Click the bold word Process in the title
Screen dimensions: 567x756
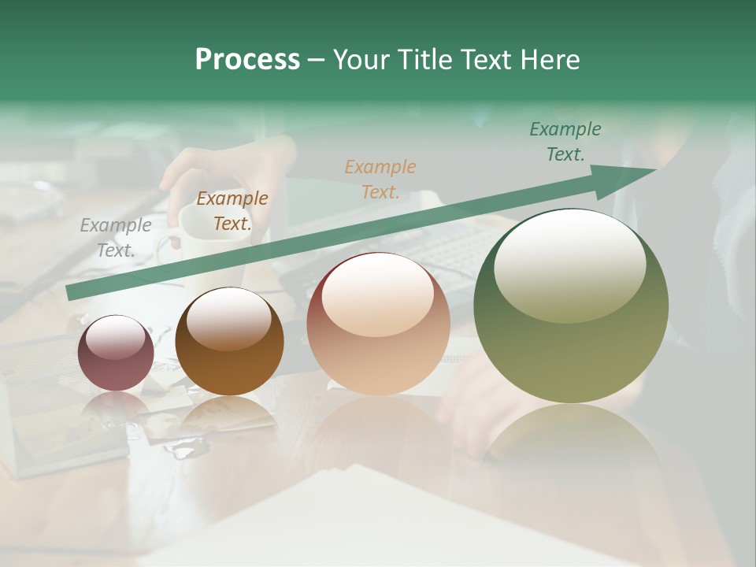pyautogui.click(x=247, y=60)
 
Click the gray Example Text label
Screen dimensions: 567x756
pyautogui.click(x=115, y=238)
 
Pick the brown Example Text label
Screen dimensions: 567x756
pyautogui.click(x=232, y=211)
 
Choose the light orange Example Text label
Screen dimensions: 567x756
pyautogui.click(x=380, y=179)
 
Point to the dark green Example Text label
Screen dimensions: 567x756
pyautogui.click(x=565, y=142)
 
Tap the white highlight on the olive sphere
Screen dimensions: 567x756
pyautogui.click(x=569, y=266)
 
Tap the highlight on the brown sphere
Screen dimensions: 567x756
pyautogui.click(x=229, y=319)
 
